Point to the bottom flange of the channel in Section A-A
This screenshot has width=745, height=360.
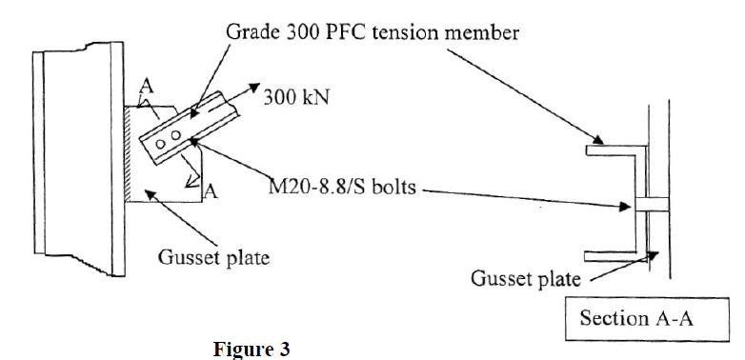coord(611,254)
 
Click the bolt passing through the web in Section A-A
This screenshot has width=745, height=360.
coord(648,204)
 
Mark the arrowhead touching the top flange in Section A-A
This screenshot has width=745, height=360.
coord(596,144)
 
